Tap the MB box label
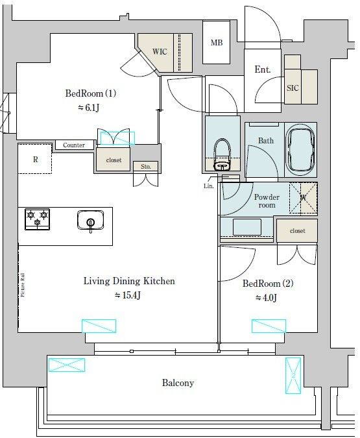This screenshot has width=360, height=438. click(x=216, y=43)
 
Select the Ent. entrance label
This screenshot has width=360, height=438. click(x=263, y=69)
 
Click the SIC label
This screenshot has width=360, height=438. click(x=293, y=88)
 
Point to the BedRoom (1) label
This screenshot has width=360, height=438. click(x=90, y=93)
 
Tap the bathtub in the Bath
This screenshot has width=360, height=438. click(x=300, y=151)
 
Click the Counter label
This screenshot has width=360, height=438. click(x=74, y=145)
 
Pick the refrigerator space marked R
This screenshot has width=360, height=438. click(x=36, y=160)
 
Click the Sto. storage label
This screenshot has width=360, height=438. click(x=146, y=167)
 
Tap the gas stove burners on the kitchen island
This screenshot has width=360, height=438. click(x=37, y=219)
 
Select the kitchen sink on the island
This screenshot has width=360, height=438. click(x=90, y=221)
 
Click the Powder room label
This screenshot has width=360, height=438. click(x=266, y=201)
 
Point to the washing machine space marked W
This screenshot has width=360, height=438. click(x=302, y=198)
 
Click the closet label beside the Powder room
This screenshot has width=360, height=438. click(x=297, y=230)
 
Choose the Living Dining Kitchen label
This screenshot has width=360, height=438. click(x=129, y=282)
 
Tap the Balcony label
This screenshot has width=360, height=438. click(x=178, y=383)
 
